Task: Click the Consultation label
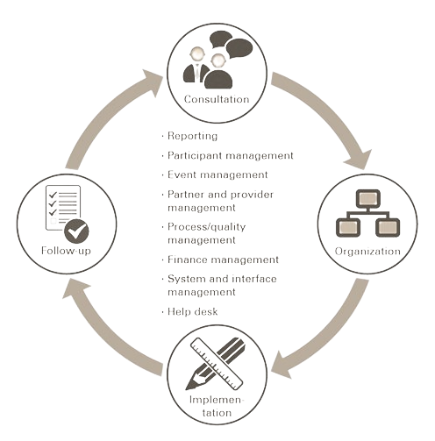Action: [x=217, y=99]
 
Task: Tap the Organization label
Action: [x=367, y=252]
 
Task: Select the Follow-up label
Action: [x=66, y=251]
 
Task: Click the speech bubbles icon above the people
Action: [x=232, y=44]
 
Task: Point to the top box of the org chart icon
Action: [x=368, y=199]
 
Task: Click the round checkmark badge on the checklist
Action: [x=76, y=231]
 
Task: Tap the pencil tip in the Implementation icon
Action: [x=190, y=384]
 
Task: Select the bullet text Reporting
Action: [x=192, y=136]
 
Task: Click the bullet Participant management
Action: [x=231, y=155]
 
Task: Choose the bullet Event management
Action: [x=217, y=174]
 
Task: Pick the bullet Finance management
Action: [x=223, y=260]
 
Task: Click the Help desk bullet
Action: [x=192, y=311]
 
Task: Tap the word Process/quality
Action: [x=206, y=227]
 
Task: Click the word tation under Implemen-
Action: [x=217, y=413]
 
